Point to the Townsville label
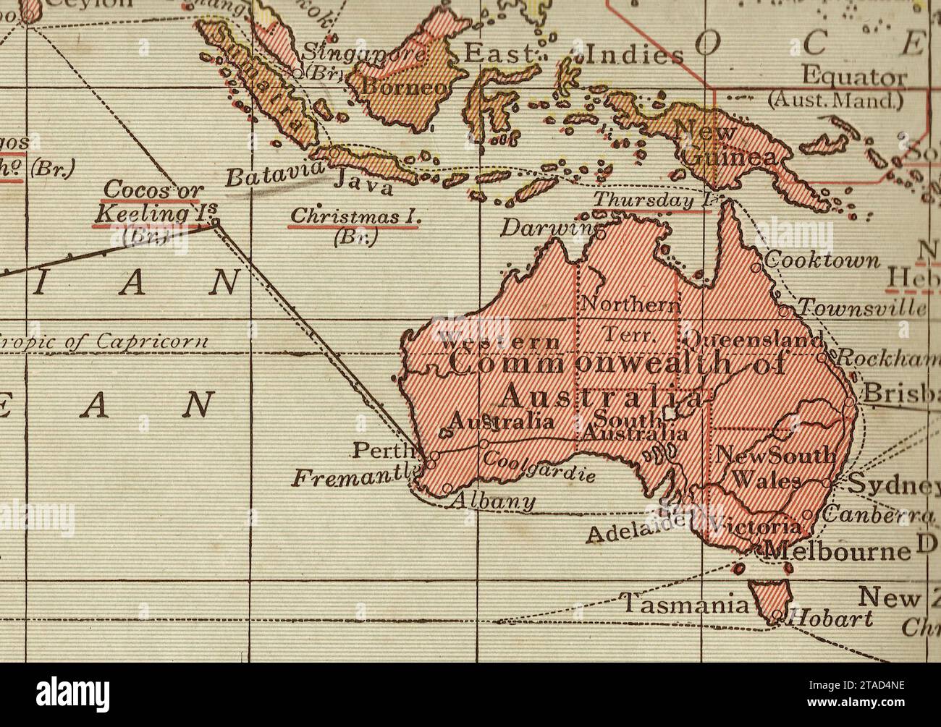coord(861,309)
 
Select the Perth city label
coord(375,451)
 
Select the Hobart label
coord(829,619)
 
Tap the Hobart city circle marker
coord(777,617)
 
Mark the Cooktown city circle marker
coord(756,266)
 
